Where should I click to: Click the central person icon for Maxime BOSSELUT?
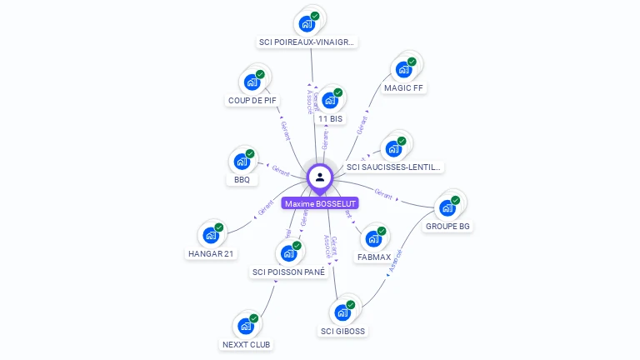pyautogui.click(x=320, y=177)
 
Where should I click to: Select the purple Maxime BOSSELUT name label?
pyautogui.click(x=320, y=203)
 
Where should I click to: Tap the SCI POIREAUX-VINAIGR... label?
pyautogui.click(x=307, y=42)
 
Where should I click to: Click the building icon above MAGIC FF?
pyautogui.click(x=404, y=69)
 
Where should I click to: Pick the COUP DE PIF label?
pyautogui.click(x=252, y=101)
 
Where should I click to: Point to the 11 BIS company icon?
pyautogui.click(x=330, y=101)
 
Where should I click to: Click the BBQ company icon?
pyautogui.click(x=242, y=161)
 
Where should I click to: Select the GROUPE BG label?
pyautogui.click(x=447, y=226)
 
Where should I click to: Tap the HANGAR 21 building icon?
pyautogui.click(x=211, y=235)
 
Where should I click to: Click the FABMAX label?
pyautogui.click(x=373, y=257)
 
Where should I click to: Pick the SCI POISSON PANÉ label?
pyautogui.click(x=288, y=272)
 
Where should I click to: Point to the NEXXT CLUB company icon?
pyautogui.click(x=246, y=326)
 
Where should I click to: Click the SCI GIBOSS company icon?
pyautogui.click(x=342, y=312)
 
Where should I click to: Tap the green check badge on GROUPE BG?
pyautogui.click(x=456, y=200)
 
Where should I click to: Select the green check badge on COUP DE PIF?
pyautogui.click(x=260, y=75)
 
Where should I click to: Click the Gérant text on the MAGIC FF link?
pyautogui.click(x=362, y=125)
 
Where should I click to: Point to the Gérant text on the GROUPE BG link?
pyautogui.click(x=383, y=193)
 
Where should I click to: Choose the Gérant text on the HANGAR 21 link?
pyautogui.click(x=267, y=208)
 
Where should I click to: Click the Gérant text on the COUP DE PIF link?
pyautogui.click(x=285, y=129)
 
